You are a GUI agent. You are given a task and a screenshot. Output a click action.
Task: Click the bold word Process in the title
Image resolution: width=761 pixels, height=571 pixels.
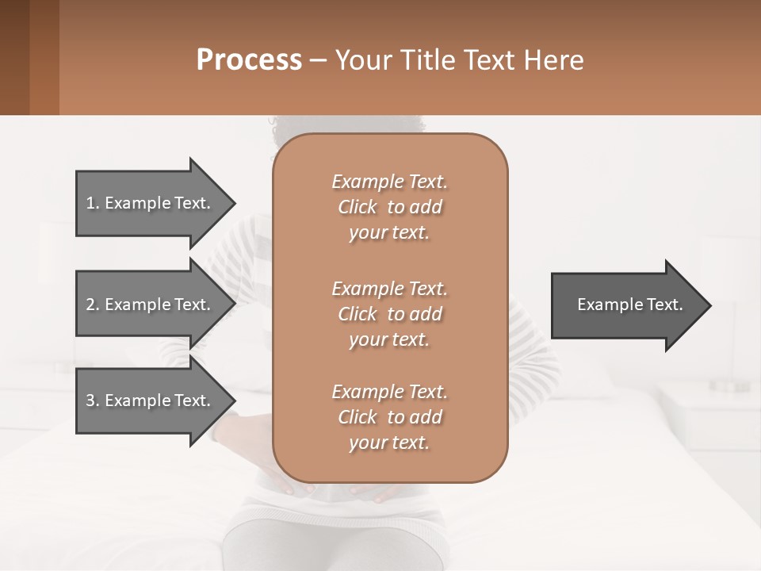tap(249, 60)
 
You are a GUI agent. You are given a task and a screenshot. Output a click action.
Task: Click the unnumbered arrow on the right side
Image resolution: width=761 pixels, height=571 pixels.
tap(629, 305)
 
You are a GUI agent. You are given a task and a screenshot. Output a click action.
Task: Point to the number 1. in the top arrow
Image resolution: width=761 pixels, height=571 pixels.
tap(93, 203)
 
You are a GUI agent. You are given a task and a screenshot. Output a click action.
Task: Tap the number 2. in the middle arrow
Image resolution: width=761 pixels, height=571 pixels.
tap(93, 305)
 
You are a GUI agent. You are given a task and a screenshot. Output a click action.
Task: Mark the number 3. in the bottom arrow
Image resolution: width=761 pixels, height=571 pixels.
tap(93, 400)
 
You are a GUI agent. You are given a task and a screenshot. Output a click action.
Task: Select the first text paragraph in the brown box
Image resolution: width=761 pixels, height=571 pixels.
tap(389, 207)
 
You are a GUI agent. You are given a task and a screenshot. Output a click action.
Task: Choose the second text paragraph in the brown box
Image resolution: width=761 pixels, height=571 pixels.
tap(389, 314)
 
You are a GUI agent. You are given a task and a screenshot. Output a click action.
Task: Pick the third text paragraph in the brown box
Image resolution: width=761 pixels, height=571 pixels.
tap(389, 417)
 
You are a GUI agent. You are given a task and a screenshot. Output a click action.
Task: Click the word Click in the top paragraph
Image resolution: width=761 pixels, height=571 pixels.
tap(358, 207)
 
